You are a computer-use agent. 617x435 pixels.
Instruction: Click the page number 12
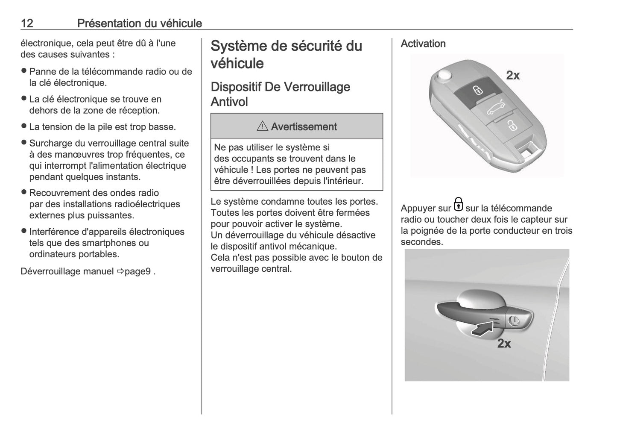click(x=27, y=23)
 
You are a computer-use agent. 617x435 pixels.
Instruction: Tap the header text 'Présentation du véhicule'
click(x=139, y=23)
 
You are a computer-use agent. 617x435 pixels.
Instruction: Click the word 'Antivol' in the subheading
click(x=229, y=102)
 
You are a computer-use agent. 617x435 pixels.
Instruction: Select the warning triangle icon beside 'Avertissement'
click(x=262, y=126)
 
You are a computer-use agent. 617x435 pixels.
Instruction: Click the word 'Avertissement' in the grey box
click(x=304, y=127)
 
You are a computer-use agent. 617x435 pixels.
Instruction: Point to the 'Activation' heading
click(x=423, y=44)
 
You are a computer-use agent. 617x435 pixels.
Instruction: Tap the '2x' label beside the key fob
click(x=513, y=75)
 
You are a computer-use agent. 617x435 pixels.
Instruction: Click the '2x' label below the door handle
click(x=504, y=344)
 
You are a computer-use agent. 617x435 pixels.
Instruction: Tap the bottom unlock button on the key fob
click(x=510, y=126)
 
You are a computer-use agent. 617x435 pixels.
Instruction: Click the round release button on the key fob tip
click(x=444, y=75)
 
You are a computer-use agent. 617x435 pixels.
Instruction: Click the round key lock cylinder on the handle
click(x=514, y=320)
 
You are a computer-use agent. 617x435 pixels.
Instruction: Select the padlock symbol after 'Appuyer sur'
click(x=458, y=205)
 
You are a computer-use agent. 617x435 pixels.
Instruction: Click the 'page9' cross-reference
click(x=137, y=271)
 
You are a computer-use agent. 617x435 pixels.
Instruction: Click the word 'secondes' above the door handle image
click(x=421, y=242)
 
